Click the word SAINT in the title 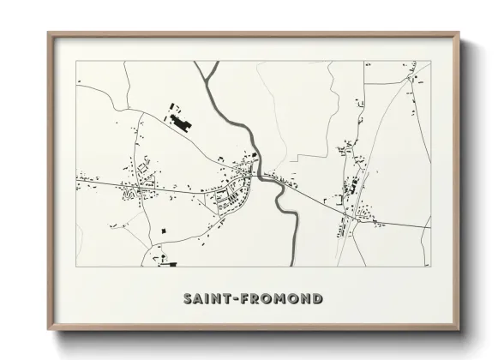207,299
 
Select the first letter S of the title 188,299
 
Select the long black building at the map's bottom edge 170,264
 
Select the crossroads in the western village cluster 136,184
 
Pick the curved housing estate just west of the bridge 231,199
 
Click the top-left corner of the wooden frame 49,33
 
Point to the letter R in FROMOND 256,299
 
